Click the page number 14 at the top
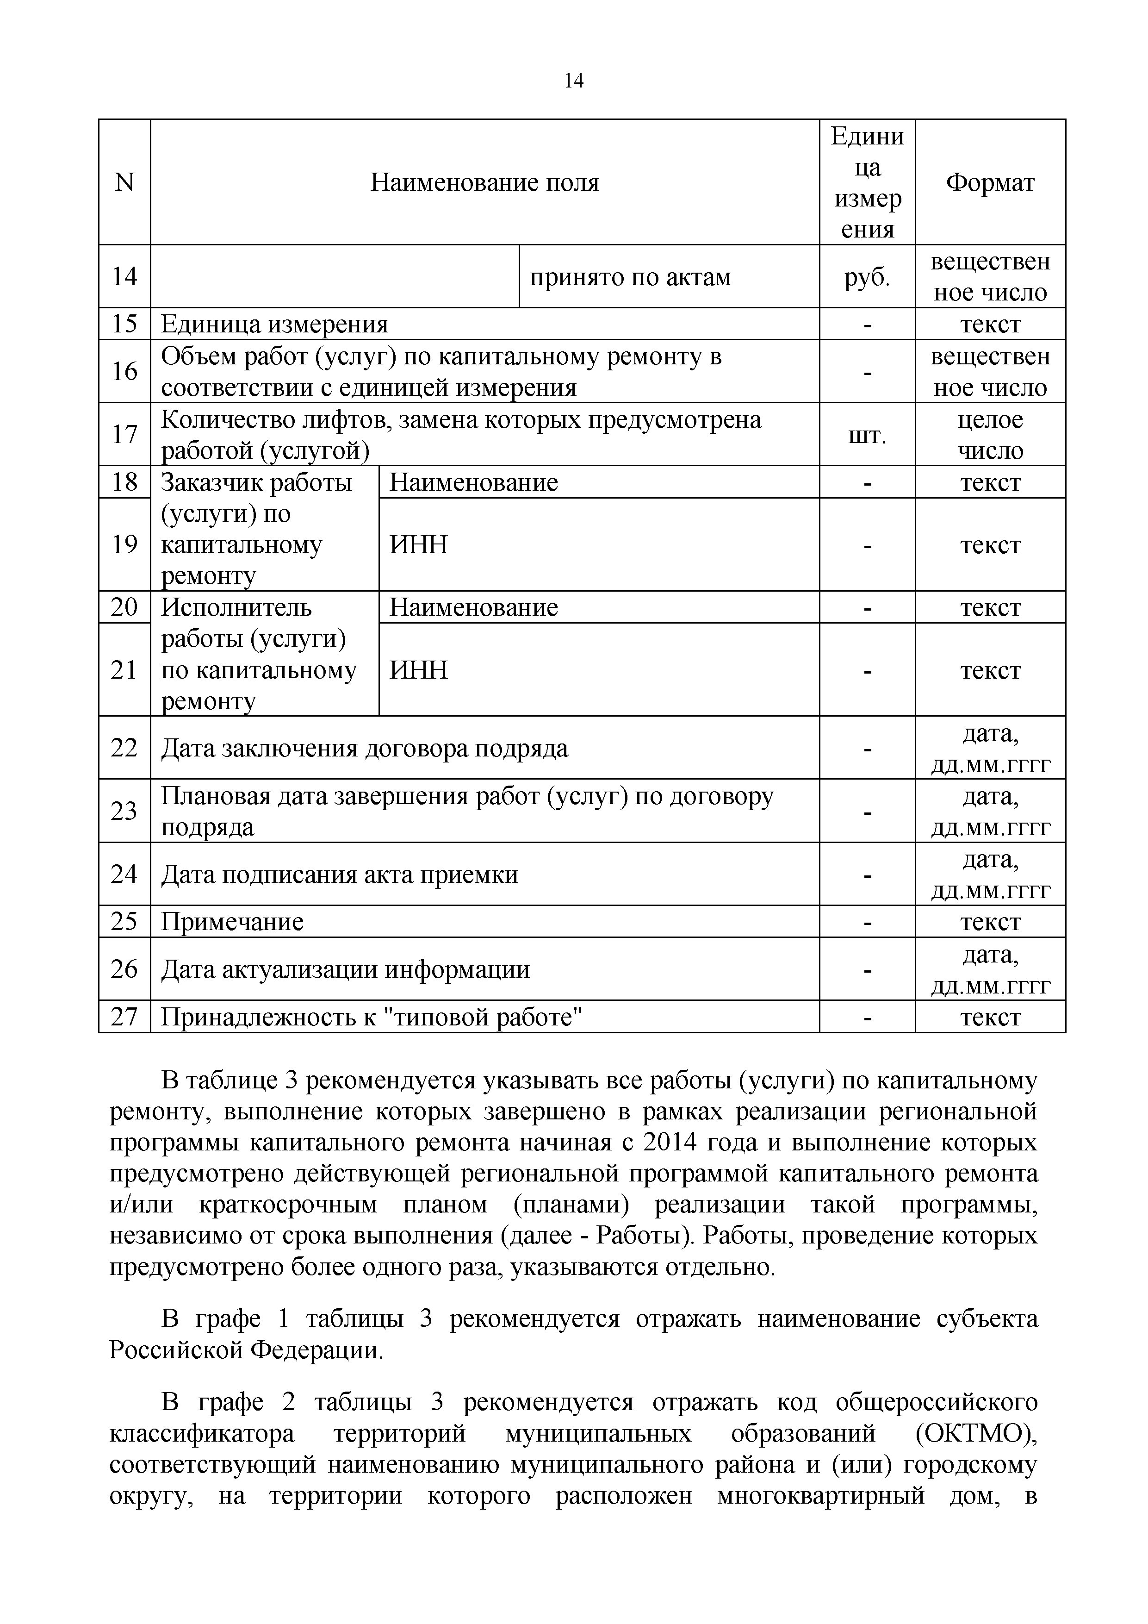(573, 81)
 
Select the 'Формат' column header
(990, 183)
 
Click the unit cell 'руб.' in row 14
(867, 276)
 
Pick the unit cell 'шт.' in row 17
(867, 435)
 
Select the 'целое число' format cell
(990, 435)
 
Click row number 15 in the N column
(124, 324)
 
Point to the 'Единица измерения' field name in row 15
(274, 324)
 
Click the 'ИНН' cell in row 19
(418, 544)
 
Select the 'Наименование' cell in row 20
(474, 607)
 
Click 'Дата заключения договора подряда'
(364, 748)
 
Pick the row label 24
(124, 874)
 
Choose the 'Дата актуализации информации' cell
(345, 969)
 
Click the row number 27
(124, 1017)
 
